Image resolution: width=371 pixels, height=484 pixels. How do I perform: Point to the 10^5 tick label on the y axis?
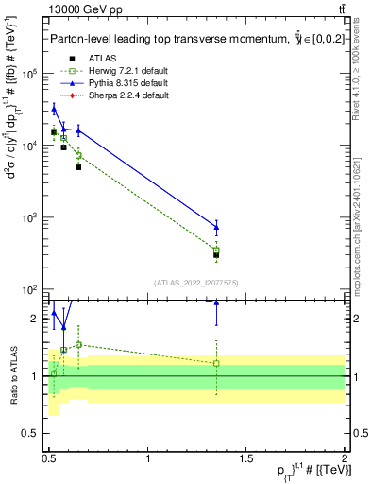click(29, 73)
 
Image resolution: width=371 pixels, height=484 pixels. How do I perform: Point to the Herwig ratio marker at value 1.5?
click(78, 344)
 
